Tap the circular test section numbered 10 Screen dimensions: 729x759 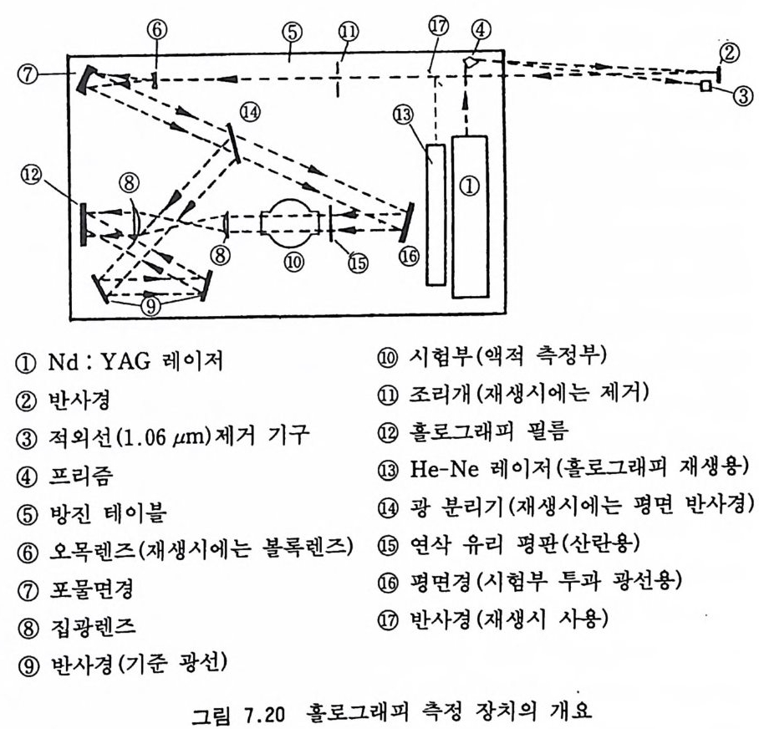tap(293, 221)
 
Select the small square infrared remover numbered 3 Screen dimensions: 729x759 tap(706, 87)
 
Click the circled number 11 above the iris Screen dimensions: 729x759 tap(349, 31)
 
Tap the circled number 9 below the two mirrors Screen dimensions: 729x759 tap(151, 306)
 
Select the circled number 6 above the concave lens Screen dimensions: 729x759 tap(156, 28)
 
